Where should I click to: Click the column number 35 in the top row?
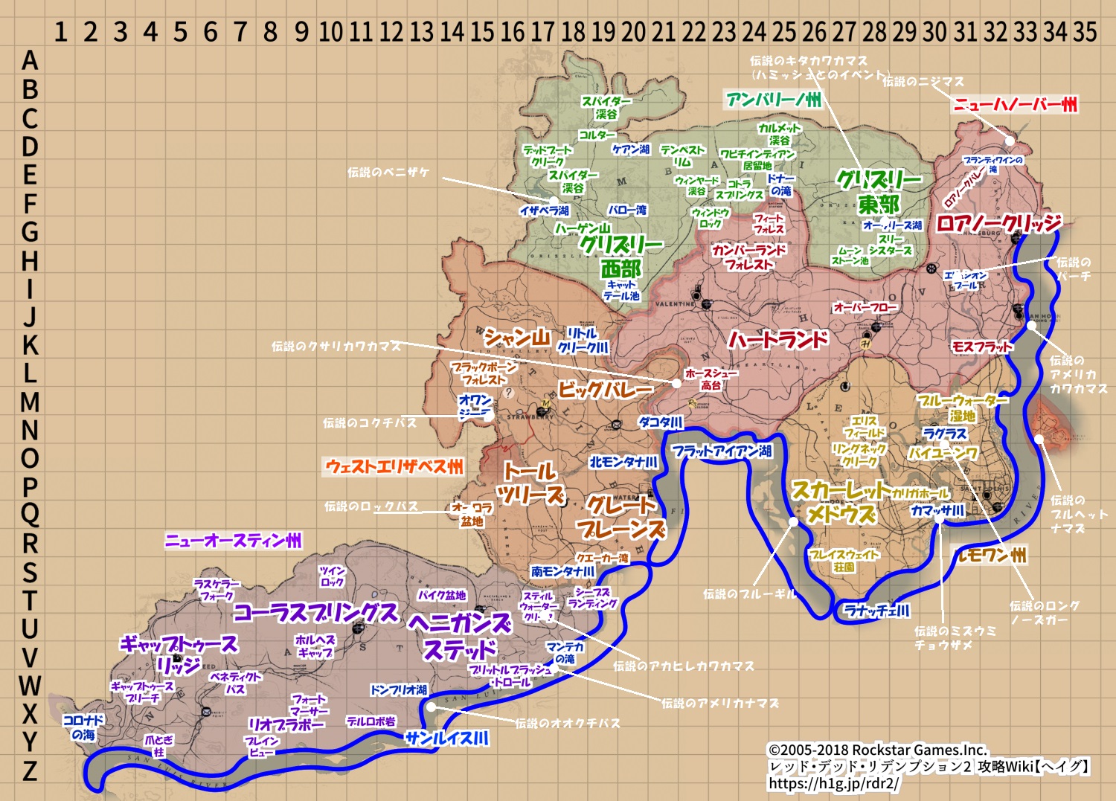click(1085, 32)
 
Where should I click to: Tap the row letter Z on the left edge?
click(30, 771)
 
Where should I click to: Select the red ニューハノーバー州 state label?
click(1016, 104)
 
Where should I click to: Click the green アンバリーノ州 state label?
click(774, 100)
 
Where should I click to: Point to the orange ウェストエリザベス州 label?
click(394, 467)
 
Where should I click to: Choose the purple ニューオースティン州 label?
click(234, 541)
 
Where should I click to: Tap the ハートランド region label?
click(777, 341)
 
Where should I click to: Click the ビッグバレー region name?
click(606, 389)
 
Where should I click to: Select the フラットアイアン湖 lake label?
click(722, 451)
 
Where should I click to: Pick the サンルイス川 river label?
click(447, 739)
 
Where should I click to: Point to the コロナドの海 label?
click(83, 727)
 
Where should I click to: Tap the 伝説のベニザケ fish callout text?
click(388, 173)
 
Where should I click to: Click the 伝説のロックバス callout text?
click(371, 506)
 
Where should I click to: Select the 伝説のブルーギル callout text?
click(749, 593)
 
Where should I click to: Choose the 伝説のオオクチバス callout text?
click(567, 723)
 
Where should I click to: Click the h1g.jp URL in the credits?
click(833, 783)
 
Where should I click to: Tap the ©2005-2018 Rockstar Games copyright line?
click(877, 750)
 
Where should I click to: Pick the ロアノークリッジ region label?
click(998, 223)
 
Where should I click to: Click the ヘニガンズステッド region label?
click(460, 636)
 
